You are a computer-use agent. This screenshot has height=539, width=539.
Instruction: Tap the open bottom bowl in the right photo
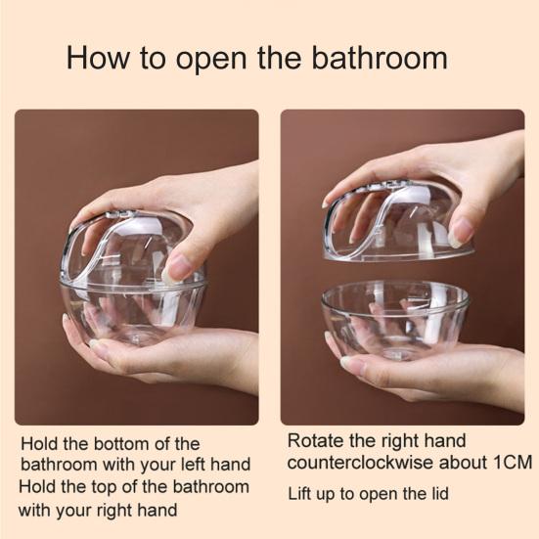(394, 318)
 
